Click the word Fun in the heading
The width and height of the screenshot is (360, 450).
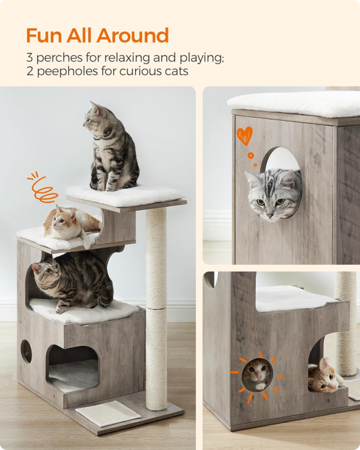tap(44, 35)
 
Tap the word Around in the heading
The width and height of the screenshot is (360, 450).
tap(132, 35)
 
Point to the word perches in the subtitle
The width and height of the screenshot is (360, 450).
tap(59, 58)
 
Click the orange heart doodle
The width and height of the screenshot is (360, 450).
tap(244, 136)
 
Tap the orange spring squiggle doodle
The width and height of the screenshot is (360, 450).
tap(42, 188)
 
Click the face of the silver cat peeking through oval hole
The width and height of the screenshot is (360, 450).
tap(271, 194)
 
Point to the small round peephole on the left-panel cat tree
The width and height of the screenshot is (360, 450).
tap(26, 351)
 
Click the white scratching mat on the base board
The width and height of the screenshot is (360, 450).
tap(108, 413)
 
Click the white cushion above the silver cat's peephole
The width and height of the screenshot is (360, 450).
tap(294, 104)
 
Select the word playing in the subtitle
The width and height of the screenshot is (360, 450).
tap(202, 58)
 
